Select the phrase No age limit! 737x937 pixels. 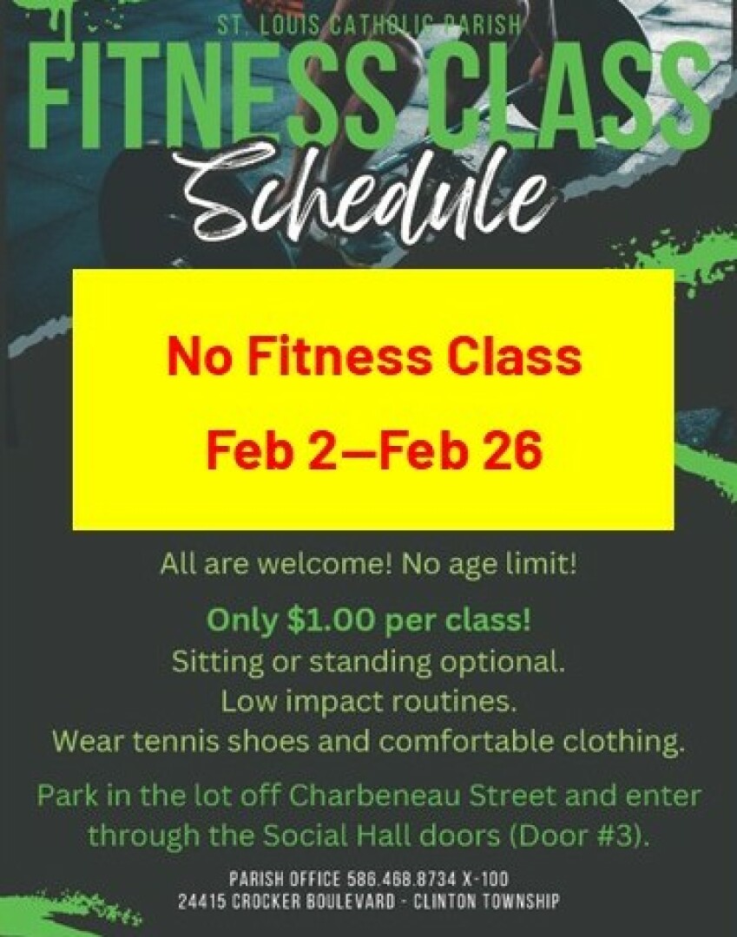490,565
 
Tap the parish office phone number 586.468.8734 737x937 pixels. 402,879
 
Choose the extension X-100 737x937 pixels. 485,879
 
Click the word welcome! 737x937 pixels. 324,565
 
